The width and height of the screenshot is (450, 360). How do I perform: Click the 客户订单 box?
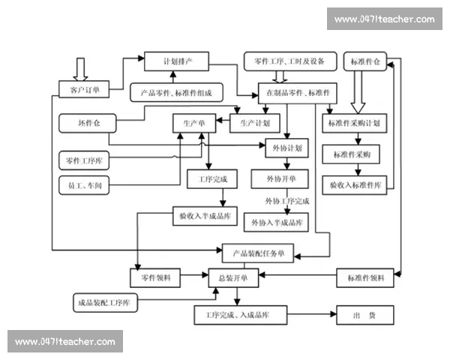[x=84, y=90]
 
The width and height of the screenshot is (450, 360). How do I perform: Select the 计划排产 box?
[x=175, y=61]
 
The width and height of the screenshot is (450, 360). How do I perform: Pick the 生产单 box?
[x=194, y=121]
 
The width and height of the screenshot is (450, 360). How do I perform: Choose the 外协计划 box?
[x=287, y=148]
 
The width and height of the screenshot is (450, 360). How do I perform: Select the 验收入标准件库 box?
[x=355, y=184]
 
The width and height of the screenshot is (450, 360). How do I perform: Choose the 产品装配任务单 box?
[x=258, y=252]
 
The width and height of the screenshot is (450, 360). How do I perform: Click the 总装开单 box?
[x=238, y=277]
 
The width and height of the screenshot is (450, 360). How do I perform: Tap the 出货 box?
[x=364, y=316]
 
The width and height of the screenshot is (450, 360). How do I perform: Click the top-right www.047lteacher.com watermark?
[x=384, y=19]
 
